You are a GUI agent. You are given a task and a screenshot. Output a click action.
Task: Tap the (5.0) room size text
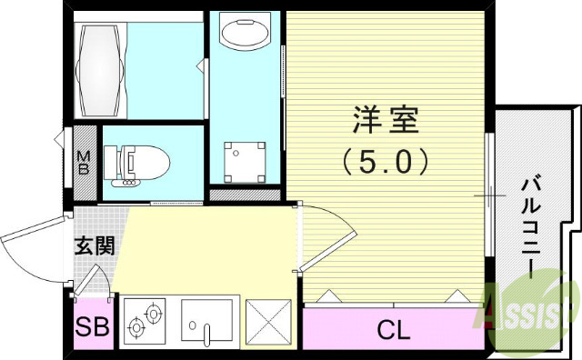(386, 163)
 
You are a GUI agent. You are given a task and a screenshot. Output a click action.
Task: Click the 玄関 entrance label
(94, 245)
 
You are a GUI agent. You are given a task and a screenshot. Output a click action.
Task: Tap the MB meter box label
(83, 164)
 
